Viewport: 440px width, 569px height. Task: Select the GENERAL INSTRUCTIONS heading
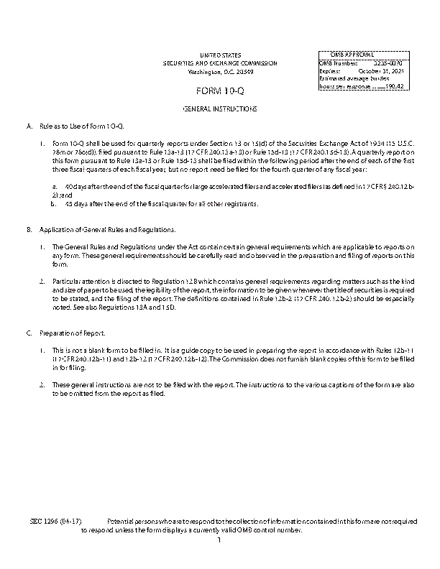pos(220,108)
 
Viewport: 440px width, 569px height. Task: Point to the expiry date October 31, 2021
pos(381,70)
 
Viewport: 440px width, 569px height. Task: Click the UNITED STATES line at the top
pos(220,55)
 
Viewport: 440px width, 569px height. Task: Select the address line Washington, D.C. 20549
pos(220,72)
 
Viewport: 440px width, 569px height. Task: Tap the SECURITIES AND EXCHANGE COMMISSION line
pos(220,63)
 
